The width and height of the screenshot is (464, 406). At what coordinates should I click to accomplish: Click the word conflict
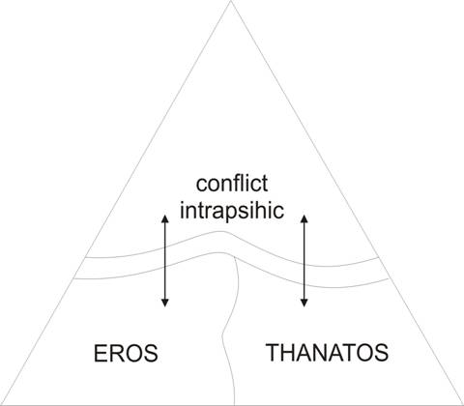[x=232, y=184]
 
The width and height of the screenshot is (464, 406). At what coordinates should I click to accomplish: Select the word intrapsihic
[x=232, y=211]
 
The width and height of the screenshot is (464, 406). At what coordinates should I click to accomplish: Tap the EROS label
[x=126, y=353]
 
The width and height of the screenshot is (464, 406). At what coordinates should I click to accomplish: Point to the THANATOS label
[x=327, y=353]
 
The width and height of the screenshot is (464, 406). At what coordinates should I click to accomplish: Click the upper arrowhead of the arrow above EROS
[x=165, y=218]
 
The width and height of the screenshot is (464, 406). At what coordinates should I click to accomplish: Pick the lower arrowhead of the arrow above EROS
[x=165, y=303]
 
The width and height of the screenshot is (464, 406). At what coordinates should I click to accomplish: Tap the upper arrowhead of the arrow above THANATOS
[x=304, y=218]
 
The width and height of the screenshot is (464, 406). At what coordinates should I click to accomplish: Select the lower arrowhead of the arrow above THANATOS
[x=304, y=303]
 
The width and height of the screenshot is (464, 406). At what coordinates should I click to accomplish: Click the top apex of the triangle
[x=231, y=1]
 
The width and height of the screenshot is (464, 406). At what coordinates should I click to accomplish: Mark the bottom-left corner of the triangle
[x=1, y=405]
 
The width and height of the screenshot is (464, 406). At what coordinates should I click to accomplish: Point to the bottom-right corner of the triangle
[x=463, y=405]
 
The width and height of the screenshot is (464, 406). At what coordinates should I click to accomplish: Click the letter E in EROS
[x=101, y=353]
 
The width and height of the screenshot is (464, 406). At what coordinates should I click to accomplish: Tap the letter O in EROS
[x=132, y=353]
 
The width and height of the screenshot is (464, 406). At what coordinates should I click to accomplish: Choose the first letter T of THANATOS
[x=273, y=353]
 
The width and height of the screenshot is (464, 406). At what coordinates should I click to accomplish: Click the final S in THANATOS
[x=381, y=353]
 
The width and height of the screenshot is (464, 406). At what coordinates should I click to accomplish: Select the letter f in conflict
[x=239, y=184]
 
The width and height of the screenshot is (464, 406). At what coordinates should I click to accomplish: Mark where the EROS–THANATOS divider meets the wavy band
[x=235, y=258]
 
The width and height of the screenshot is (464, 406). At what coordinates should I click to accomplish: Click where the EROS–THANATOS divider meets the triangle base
[x=234, y=405]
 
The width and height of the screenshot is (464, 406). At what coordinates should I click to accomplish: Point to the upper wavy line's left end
[x=85, y=258]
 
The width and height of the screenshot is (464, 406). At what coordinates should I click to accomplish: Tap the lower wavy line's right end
[x=390, y=278]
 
